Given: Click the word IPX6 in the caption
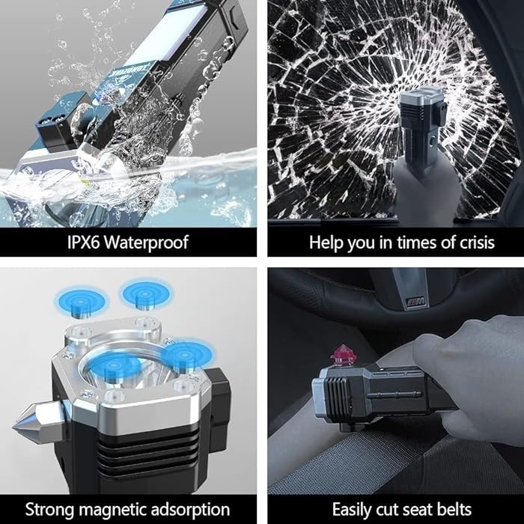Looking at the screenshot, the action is click(84, 242).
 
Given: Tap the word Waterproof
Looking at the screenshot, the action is click(147, 243).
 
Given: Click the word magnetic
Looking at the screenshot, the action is click(112, 511).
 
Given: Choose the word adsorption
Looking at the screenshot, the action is click(190, 511).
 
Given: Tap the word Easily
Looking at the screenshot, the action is click(352, 511).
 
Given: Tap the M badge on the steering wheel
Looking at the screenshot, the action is click(416, 302).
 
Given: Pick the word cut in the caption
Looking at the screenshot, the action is click(388, 511).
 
